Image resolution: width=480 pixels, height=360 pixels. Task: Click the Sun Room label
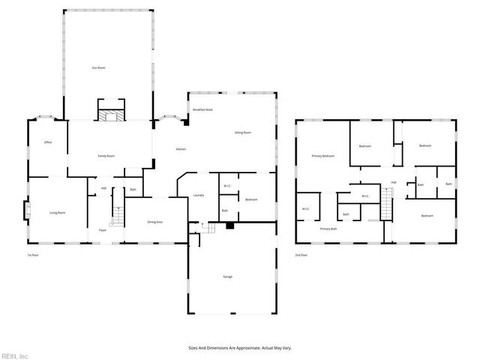pos(98,68)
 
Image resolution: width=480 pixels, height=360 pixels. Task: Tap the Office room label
pos(47,142)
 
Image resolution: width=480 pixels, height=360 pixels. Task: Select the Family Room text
pos(106,156)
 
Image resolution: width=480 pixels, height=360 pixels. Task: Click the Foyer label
pos(102,230)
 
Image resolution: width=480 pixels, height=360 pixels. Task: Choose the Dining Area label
pos(154,222)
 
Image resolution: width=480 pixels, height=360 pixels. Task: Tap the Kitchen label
pos(181,149)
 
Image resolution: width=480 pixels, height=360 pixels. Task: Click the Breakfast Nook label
pos(202,110)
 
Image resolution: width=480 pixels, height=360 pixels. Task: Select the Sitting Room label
pos(242,132)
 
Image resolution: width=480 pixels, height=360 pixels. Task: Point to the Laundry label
pos(199,196)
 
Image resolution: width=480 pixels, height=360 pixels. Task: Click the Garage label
pos(226,277)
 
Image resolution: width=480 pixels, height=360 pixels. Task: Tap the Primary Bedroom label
pos(322,156)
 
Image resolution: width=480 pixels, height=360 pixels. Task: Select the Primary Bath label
pos(328,228)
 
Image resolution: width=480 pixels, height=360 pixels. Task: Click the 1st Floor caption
pos(32,254)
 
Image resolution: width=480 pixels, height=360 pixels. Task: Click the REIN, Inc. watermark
pos(15,355)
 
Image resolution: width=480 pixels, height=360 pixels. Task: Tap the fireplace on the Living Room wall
pos(27,211)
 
